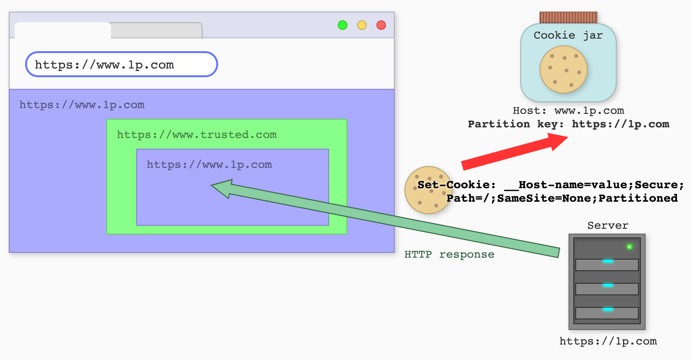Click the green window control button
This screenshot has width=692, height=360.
343,25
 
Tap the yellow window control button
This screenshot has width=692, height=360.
362,25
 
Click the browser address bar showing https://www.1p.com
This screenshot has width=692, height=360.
122,64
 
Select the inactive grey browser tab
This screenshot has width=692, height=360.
156,30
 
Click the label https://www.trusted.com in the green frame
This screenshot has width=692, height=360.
197,135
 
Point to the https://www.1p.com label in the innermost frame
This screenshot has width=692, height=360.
209,165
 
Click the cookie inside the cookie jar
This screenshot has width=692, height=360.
563,69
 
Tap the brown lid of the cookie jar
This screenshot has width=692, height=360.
568,18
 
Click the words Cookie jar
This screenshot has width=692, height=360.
568,35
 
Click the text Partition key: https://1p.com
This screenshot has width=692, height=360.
568,124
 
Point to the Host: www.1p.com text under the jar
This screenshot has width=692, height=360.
568,111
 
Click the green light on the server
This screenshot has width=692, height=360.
629,247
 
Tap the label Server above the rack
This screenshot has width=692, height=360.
608,225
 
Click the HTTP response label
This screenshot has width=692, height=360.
449,254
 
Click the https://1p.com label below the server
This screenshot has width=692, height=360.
608,341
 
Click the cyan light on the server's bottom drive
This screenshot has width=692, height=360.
608,309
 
